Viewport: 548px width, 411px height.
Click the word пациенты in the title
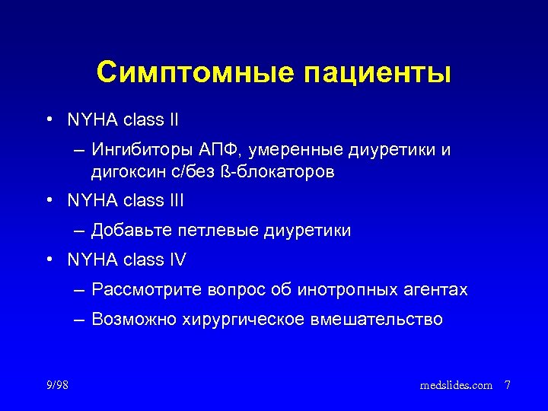coord(378,74)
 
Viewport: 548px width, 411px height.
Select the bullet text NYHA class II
coord(123,119)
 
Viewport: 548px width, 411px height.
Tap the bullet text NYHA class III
coord(126,201)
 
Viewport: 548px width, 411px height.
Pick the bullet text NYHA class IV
coord(126,260)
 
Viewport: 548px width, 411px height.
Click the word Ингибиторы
coord(136,149)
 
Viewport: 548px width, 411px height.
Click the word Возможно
coord(133,320)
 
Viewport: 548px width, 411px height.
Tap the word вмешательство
coord(377,320)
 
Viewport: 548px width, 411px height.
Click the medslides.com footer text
coord(456,386)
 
